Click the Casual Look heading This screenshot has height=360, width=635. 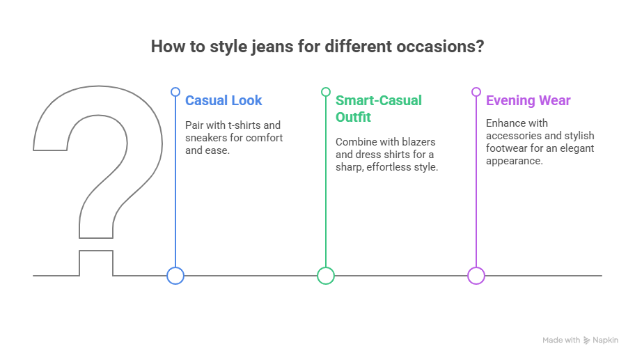tap(224, 100)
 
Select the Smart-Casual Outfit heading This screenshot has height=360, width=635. tap(378, 109)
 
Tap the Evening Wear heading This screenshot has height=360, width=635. tap(528, 100)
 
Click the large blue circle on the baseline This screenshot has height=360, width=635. tap(175, 276)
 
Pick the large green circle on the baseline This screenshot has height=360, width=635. tap(326, 276)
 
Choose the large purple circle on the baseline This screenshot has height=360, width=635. tap(476, 276)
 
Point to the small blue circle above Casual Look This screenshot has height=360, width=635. tap(175, 92)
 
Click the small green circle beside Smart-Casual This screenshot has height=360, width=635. tap(326, 92)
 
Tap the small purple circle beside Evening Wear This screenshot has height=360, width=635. tap(476, 92)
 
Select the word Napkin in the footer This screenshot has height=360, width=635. tap(606, 341)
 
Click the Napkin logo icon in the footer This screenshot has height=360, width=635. tap(587, 341)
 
